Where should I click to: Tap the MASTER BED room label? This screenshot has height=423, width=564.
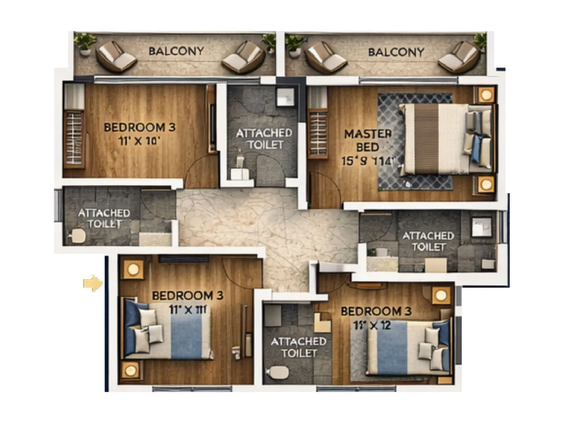coord(368,140)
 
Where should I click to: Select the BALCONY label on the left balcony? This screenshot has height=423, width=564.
coord(176,51)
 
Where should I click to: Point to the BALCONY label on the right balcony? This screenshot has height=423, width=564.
coord(396,52)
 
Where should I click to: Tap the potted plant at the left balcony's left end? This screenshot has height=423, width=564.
coord(85,43)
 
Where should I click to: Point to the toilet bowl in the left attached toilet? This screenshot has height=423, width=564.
coord(77,236)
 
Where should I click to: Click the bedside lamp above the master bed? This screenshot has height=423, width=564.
coord(486,95)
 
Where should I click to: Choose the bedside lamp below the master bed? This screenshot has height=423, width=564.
coord(486,184)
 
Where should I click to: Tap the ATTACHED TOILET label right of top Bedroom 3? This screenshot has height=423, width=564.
coord(264,139)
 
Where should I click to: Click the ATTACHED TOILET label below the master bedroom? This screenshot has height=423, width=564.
coord(428,241)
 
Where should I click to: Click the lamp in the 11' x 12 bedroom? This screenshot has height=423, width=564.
coord(441,295)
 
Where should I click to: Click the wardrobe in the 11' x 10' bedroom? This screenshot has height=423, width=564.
coord(74,137)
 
